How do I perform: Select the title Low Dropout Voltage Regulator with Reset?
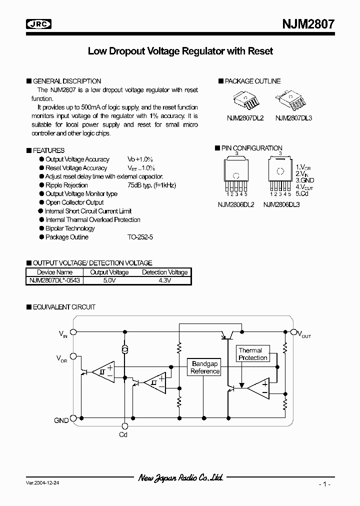180,51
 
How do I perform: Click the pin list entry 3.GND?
304,179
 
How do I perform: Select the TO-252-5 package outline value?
140,237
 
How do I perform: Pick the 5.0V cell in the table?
109,280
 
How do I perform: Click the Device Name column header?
53,272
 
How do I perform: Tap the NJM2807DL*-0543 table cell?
53,280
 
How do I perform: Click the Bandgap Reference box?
205,368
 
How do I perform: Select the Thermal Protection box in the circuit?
252,354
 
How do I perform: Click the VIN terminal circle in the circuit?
73,331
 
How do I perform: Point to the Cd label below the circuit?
123,435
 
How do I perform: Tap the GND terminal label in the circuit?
61,420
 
